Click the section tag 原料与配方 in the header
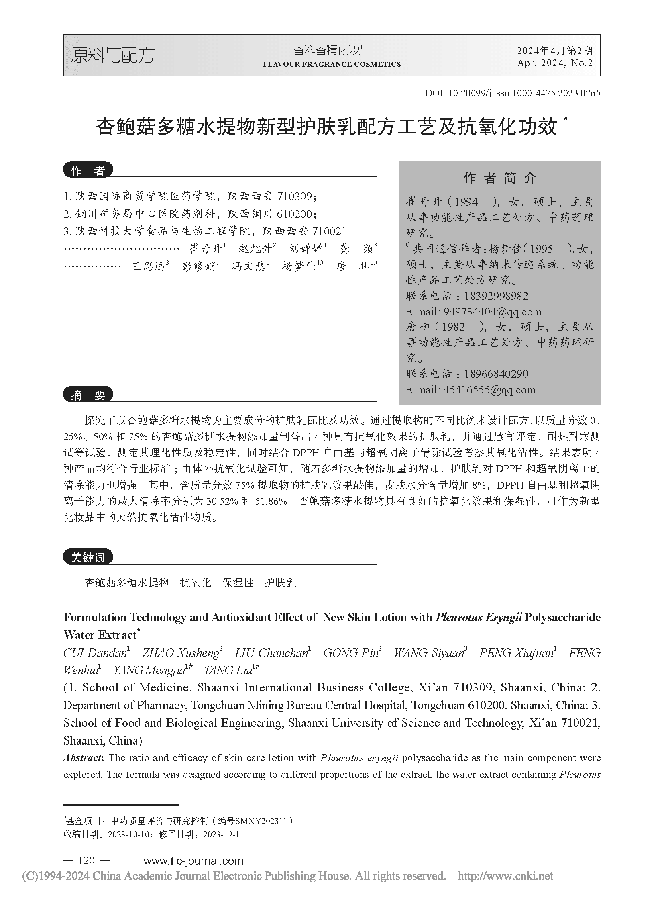coord(112,55)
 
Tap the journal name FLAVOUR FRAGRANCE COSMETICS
coord(332,64)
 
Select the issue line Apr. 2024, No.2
coord(555,63)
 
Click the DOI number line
coord(513,93)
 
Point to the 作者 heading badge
coord(88,171)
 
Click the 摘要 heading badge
coord(88,395)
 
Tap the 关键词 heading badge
coord(88,557)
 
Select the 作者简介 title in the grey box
coord(500,178)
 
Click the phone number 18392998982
coord(496,296)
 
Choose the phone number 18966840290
coord(496,374)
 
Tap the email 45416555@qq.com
coord(489,389)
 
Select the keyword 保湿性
coord(238,583)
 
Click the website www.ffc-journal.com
coord(193,861)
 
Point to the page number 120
coord(86,861)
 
